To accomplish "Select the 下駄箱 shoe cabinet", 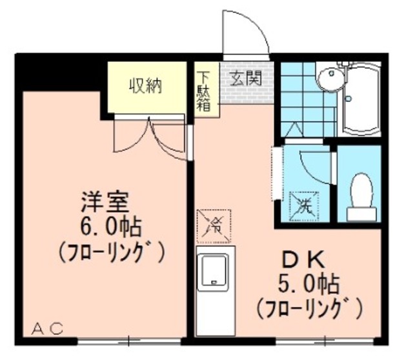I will point(203,90).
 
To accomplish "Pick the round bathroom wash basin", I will point(331,79).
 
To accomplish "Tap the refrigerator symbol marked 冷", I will point(215,226).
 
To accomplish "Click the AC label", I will point(48,328).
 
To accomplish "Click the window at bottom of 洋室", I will point(129,339).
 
